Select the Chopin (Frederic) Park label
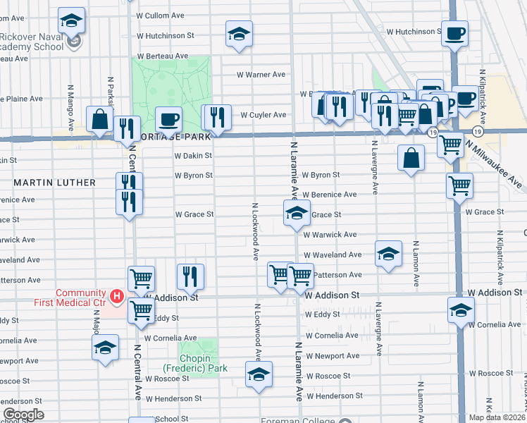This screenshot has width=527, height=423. coord(194,363)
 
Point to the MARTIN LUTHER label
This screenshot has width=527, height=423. coord(55,183)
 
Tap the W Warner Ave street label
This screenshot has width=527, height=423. coord(261,74)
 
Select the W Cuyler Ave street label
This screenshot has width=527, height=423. coord(263,115)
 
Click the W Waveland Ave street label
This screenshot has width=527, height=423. coord(333,255)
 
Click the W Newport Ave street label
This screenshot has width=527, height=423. coord(333,356)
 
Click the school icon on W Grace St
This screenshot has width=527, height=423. coord(297,213)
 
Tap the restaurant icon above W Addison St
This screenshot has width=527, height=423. coord(190,276)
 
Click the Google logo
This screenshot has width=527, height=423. coord(23,415)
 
